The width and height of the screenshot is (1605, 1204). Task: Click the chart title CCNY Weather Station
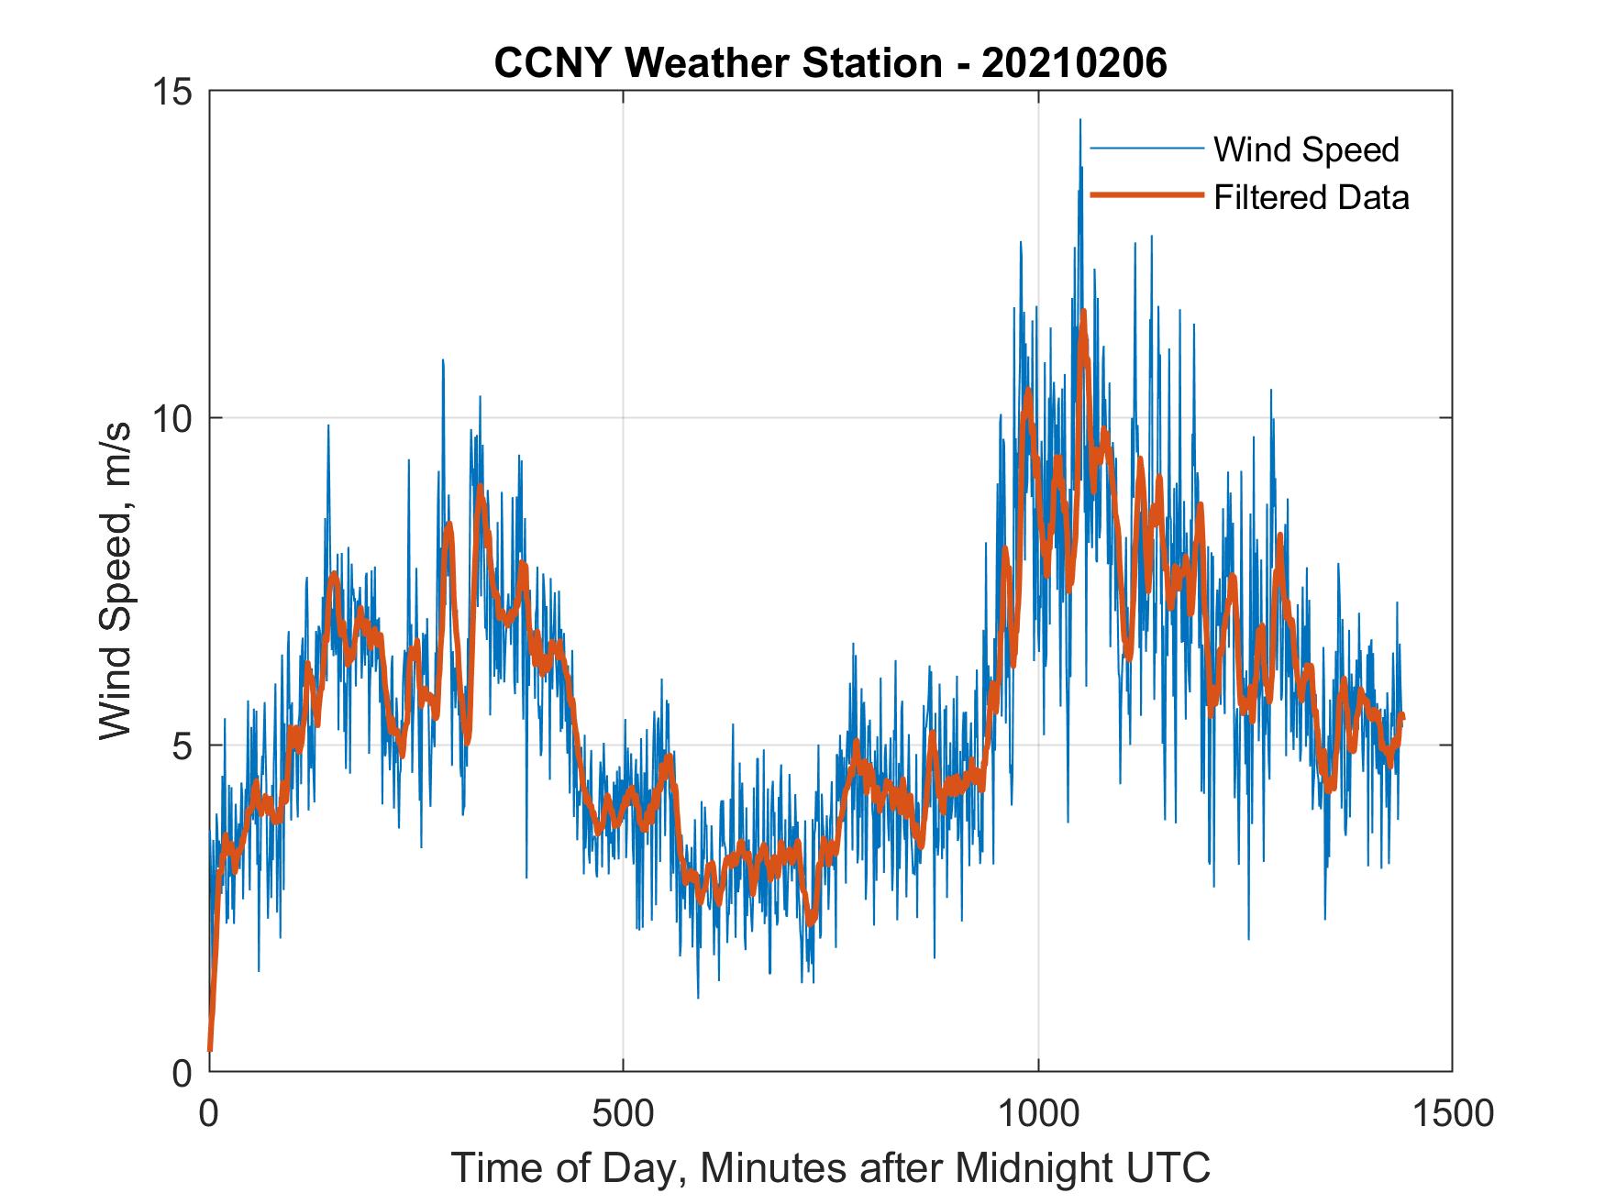coord(718,63)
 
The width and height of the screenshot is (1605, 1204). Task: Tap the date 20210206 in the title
coord(1074,63)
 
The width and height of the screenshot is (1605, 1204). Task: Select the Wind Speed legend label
coord(1306,149)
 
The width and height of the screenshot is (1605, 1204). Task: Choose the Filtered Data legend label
coord(1311,197)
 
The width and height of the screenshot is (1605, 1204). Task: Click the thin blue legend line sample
coord(1146,149)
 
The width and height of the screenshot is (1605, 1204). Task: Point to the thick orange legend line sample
coord(1146,195)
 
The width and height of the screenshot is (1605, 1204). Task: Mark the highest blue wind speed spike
coord(1079,120)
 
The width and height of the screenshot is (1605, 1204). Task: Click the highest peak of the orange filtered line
coord(1083,312)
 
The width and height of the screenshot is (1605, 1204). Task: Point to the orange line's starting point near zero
coord(210,1048)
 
